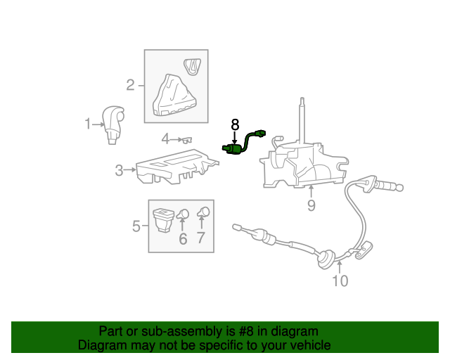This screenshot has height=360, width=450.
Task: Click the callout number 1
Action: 88,124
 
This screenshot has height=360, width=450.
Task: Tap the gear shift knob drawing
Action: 114,124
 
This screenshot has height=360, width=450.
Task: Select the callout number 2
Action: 130,86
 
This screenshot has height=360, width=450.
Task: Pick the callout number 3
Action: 120,169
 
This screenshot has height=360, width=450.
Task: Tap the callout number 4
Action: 165,139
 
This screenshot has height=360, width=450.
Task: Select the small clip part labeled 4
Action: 188,140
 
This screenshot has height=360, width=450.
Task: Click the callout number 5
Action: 136,226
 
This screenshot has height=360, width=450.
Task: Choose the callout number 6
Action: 183,239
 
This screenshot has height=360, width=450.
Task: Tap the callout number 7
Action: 201,239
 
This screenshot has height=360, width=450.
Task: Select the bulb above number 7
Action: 203,212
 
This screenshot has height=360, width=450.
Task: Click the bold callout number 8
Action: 235,124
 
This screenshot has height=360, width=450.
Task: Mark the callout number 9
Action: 311,205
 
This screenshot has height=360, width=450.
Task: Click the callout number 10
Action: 340,281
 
